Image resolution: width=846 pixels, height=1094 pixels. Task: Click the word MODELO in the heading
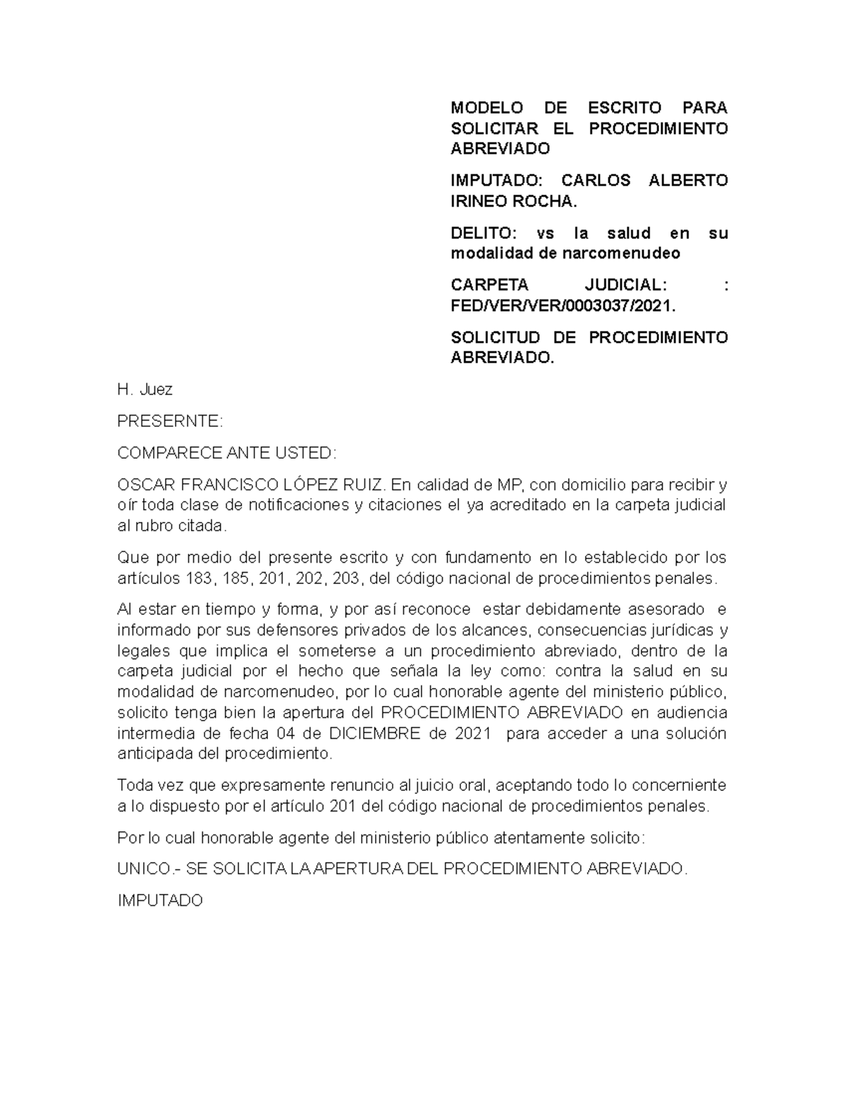[x=486, y=108]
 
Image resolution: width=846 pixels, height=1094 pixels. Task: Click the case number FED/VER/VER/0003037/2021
[x=563, y=306]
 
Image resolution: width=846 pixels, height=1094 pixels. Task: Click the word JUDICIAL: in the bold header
[x=624, y=285]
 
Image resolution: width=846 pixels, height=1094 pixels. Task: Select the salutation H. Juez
[x=145, y=390]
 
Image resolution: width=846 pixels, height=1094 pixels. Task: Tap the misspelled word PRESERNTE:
[x=169, y=421]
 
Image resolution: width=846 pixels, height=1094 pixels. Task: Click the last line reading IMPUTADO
[x=160, y=900]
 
